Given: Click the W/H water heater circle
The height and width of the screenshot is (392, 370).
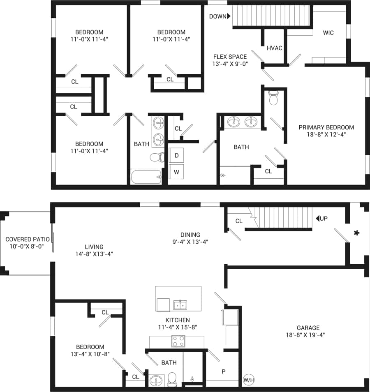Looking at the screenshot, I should pos(249,380).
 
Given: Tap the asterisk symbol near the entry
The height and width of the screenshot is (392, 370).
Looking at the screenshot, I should pos(357,233).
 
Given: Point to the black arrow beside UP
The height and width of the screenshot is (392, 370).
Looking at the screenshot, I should pos(317,219).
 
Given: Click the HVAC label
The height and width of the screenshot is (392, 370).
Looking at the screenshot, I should pos(275,48).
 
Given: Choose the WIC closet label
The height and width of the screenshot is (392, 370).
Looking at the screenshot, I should pos(328,33).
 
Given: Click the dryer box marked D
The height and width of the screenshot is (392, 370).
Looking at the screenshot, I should pos(176,156).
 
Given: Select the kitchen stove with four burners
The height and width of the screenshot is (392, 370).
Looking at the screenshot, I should pos(178,341).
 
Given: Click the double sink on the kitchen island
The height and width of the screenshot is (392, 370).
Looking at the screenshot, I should pos(180,305).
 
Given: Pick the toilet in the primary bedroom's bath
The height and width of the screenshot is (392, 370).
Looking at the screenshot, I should pos(273,98).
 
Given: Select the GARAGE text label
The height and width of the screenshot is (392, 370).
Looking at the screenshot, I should pos(308,328).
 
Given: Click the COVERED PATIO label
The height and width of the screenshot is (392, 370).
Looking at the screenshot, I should pos(28,239).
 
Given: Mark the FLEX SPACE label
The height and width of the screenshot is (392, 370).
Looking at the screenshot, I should pos(230,57).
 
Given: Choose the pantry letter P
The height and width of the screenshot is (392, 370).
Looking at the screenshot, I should pos(224,372).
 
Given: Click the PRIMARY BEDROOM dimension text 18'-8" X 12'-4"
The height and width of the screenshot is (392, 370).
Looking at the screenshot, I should pos(326,134).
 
